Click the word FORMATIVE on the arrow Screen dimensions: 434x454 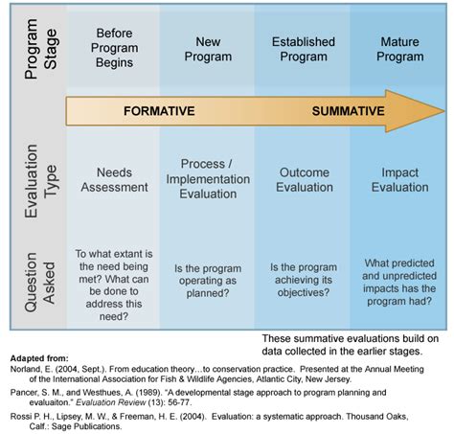click(160, 111)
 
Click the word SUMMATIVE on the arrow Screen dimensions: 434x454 click(348, 111)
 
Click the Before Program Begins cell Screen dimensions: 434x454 click(114, 49)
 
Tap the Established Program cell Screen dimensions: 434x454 click(303, 49)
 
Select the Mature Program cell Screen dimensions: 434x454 click(400, 49)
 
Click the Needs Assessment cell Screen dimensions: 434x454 click(114, 180)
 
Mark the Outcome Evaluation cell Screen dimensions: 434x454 click(304, 180)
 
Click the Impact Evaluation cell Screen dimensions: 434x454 click(400, 180)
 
